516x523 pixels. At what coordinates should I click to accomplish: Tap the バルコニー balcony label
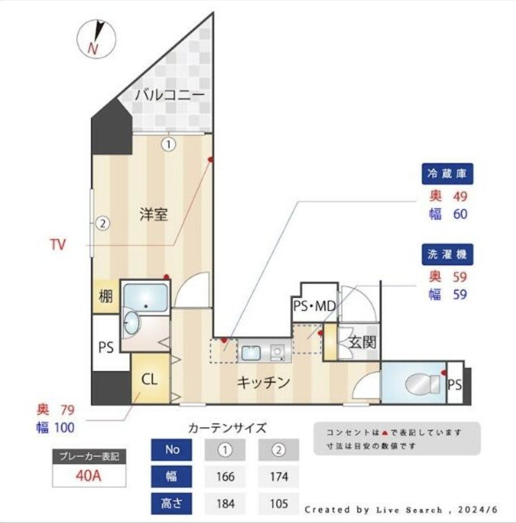click(169, 95)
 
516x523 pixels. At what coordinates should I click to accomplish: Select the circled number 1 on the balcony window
click(169, 144)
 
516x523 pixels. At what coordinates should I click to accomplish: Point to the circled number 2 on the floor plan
click(103, 223)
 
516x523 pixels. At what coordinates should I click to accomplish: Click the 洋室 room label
click(154, 214)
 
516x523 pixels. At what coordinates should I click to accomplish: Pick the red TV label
click(58, 245)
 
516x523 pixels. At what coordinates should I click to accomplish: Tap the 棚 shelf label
click(105, 296)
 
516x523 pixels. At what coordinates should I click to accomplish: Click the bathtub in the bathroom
click(145, 297)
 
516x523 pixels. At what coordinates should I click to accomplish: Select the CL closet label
click(149, 379)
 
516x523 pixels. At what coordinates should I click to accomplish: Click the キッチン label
click(263, 383)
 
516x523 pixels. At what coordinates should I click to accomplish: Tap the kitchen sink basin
click(251, 353)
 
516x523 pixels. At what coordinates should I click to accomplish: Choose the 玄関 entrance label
click(362, 342)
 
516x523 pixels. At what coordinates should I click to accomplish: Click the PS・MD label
click(314, 306)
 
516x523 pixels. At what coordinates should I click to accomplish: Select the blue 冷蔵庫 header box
click(447, 174)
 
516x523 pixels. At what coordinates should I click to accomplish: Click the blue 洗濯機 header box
click(447, 255)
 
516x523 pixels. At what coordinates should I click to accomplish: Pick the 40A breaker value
click(89, 475)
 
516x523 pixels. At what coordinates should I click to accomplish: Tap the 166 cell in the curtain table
click(225, 477)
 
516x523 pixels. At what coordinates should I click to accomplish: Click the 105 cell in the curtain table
click(279, 504)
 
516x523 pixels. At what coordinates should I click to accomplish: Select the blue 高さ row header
click(171, 504)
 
